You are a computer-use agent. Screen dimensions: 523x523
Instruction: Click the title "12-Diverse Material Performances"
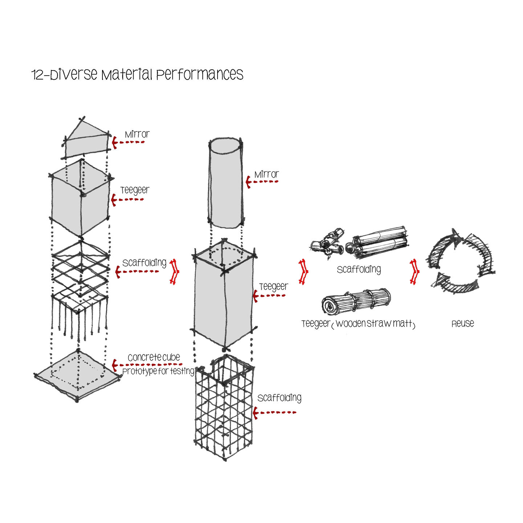click(x=137, y=74)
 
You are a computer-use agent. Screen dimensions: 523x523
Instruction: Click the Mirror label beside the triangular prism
click(x=137, y=134)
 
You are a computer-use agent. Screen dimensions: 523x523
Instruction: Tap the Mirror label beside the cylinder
click(x=266, y=174)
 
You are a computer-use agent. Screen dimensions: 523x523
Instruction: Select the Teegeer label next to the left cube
click(x=135, y=190)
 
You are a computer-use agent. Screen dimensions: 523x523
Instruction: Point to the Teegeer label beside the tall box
click(x=273, y=287)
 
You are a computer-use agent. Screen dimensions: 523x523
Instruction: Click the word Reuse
click(x=462, y=324)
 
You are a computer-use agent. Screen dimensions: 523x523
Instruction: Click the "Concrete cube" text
click(x=154, y=357)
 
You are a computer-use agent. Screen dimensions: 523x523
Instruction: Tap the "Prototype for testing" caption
click(x=158, y=371)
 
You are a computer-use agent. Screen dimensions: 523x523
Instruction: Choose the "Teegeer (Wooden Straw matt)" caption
click(x=358, y=324)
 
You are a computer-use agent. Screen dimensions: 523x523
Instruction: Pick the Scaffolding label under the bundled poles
click(x=359, y=269)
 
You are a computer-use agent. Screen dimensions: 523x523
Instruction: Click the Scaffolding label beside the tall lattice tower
click(x=279, y=398)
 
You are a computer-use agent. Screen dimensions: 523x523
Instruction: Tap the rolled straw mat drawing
click(x=356, y=301)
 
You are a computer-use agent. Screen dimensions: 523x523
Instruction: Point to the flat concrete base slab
click(x=77, y=375)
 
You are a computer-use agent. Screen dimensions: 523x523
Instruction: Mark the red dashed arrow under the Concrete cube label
click(x=147, y=365)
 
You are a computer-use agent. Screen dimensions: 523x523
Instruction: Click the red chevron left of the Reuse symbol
click(x=414, y=271)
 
